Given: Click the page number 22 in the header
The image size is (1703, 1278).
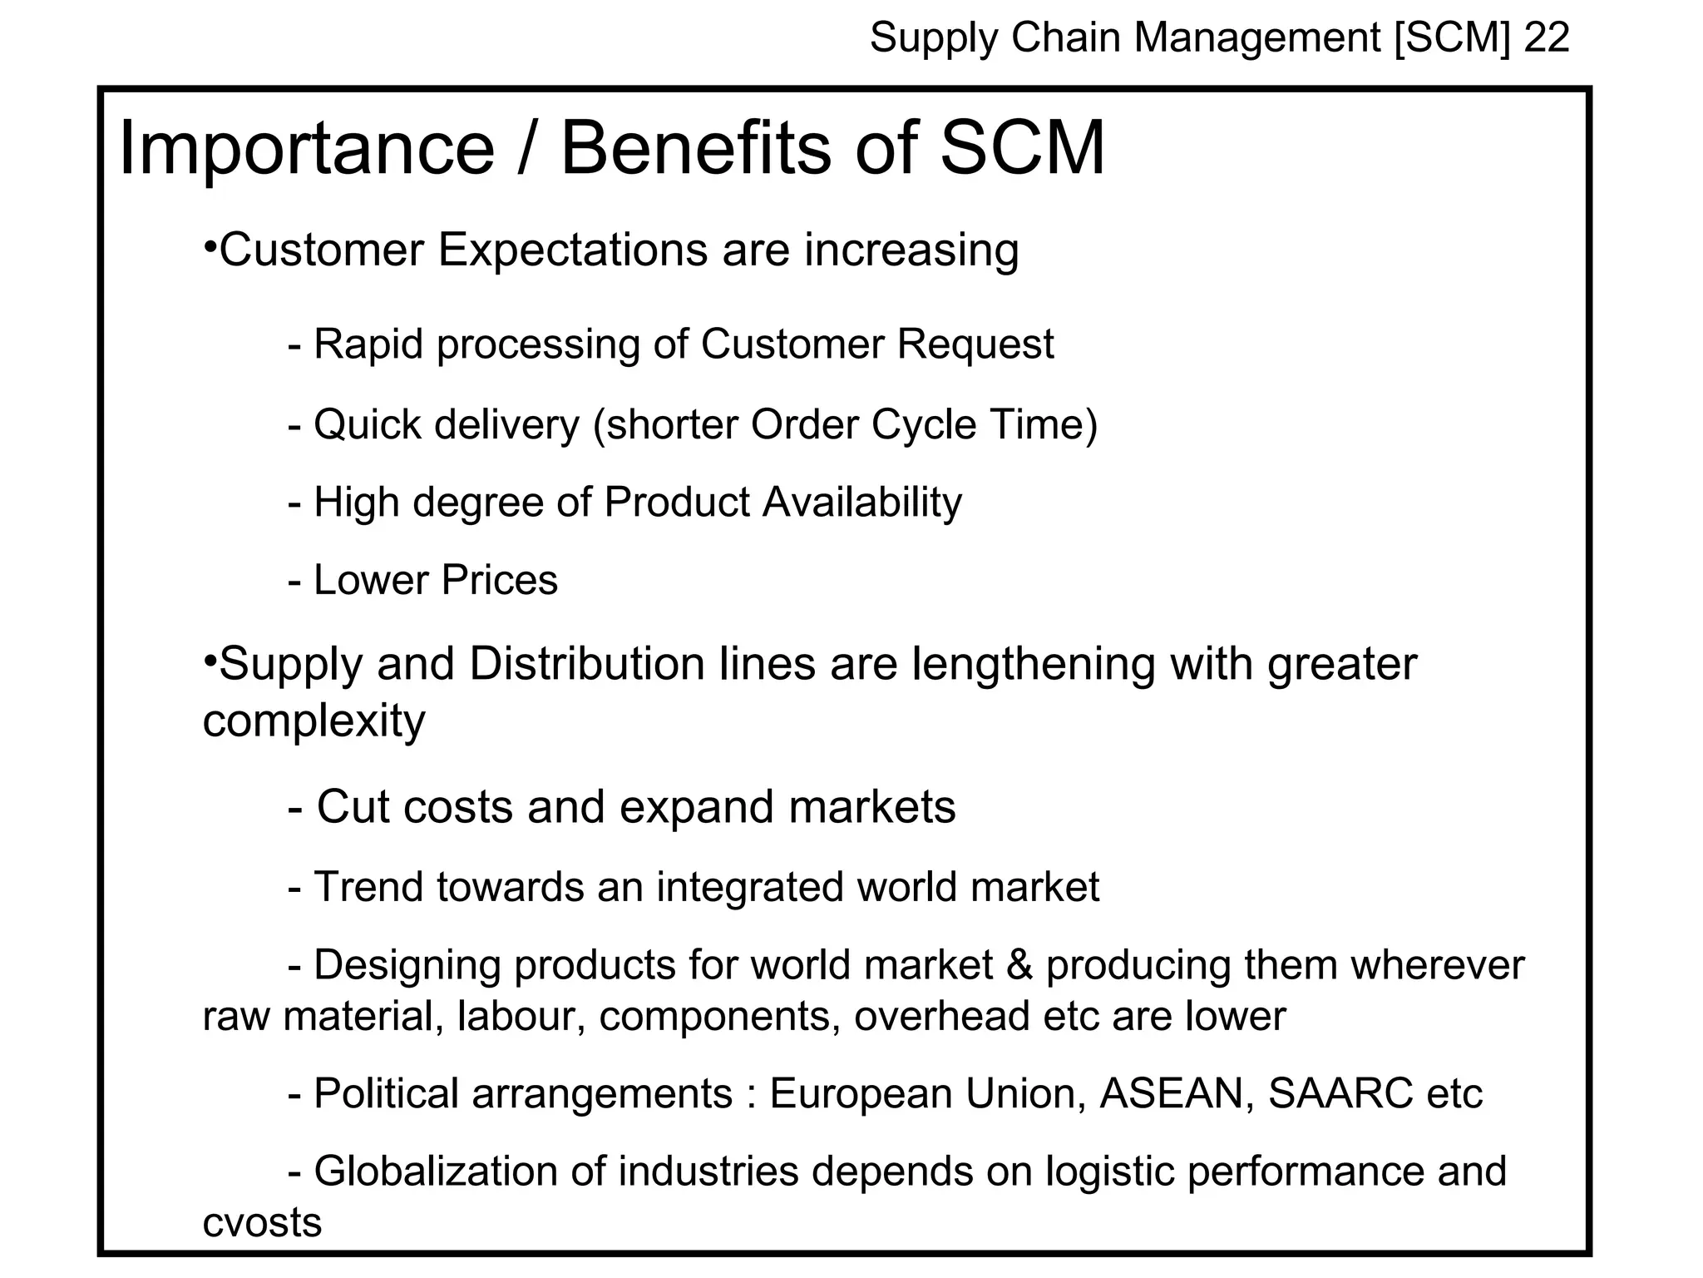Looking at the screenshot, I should click(x=1546, y=38).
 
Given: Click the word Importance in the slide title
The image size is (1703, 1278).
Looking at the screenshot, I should click(x=307, y=149).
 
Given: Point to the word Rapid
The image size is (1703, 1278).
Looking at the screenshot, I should click(x=368, y=344).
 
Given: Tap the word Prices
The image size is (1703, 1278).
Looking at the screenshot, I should click(x=499, y=580).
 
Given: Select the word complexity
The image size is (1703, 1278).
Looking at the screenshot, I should click(x=313, y=721).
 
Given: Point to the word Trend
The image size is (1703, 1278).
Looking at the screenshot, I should click(x=368, y=887).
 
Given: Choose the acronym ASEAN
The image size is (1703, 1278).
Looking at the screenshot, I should click(x=1177, y=1093).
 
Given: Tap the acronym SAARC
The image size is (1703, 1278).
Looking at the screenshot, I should click(x=1340, y=1093).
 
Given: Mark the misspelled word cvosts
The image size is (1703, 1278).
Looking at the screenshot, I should click(x=262, y=1222).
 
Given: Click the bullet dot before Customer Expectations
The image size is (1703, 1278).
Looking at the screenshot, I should click(x=210, y=247).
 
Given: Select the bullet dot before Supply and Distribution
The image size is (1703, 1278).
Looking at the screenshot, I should click(x=210, y=661).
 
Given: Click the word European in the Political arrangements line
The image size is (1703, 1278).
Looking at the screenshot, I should click(x=861, y=1093).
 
